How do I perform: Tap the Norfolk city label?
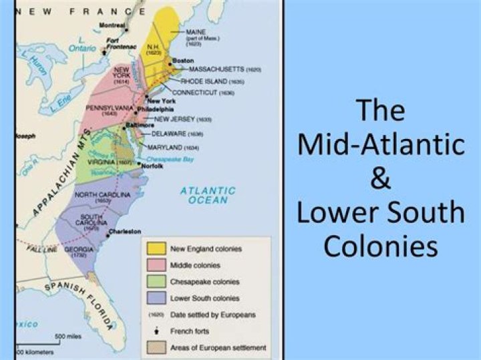(x=152, y=166)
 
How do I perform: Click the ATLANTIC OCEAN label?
(x=208, y=195)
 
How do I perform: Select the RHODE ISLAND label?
(x=204, y=81)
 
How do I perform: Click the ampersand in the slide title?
(x=381, y=179)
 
